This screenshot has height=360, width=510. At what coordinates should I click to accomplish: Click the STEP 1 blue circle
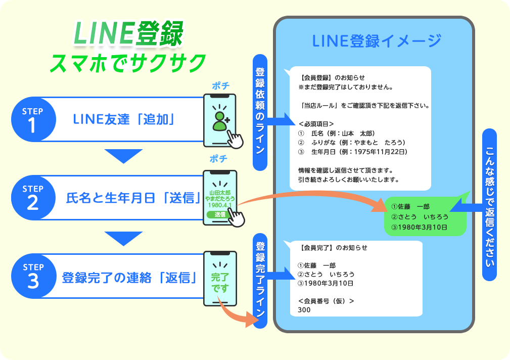pyautogui.click(x=32, y=119)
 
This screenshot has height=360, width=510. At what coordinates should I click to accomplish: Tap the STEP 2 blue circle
pyautogui.click(x=32, y=198)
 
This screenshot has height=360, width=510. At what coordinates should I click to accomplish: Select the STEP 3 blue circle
pyautogui.click(x=32, y=276)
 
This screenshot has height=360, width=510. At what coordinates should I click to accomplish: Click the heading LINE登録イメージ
pyautogui.click(x=377, y=40)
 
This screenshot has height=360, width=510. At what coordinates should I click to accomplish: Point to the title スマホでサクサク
pyautogui.click(x=128, y=63)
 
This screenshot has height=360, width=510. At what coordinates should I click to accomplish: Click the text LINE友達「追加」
pyautogui.click(x=124, y=120)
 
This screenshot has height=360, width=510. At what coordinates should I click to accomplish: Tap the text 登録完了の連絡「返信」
pyautogui.click(x=129, y=278)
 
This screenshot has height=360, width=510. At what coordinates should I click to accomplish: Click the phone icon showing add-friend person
pyautogui.click(x=219, y=120)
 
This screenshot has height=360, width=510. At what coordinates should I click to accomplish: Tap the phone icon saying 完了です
pyautogui.click(x=219, y=279)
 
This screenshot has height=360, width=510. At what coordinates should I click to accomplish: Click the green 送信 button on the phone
pyautogui.click(x=219, y=214)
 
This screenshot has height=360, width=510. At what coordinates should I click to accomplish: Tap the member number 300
pyautogui.click(x=304, y=310)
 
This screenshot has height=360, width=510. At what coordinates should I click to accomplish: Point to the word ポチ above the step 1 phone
pyautogui.click(x=220, y=86)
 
